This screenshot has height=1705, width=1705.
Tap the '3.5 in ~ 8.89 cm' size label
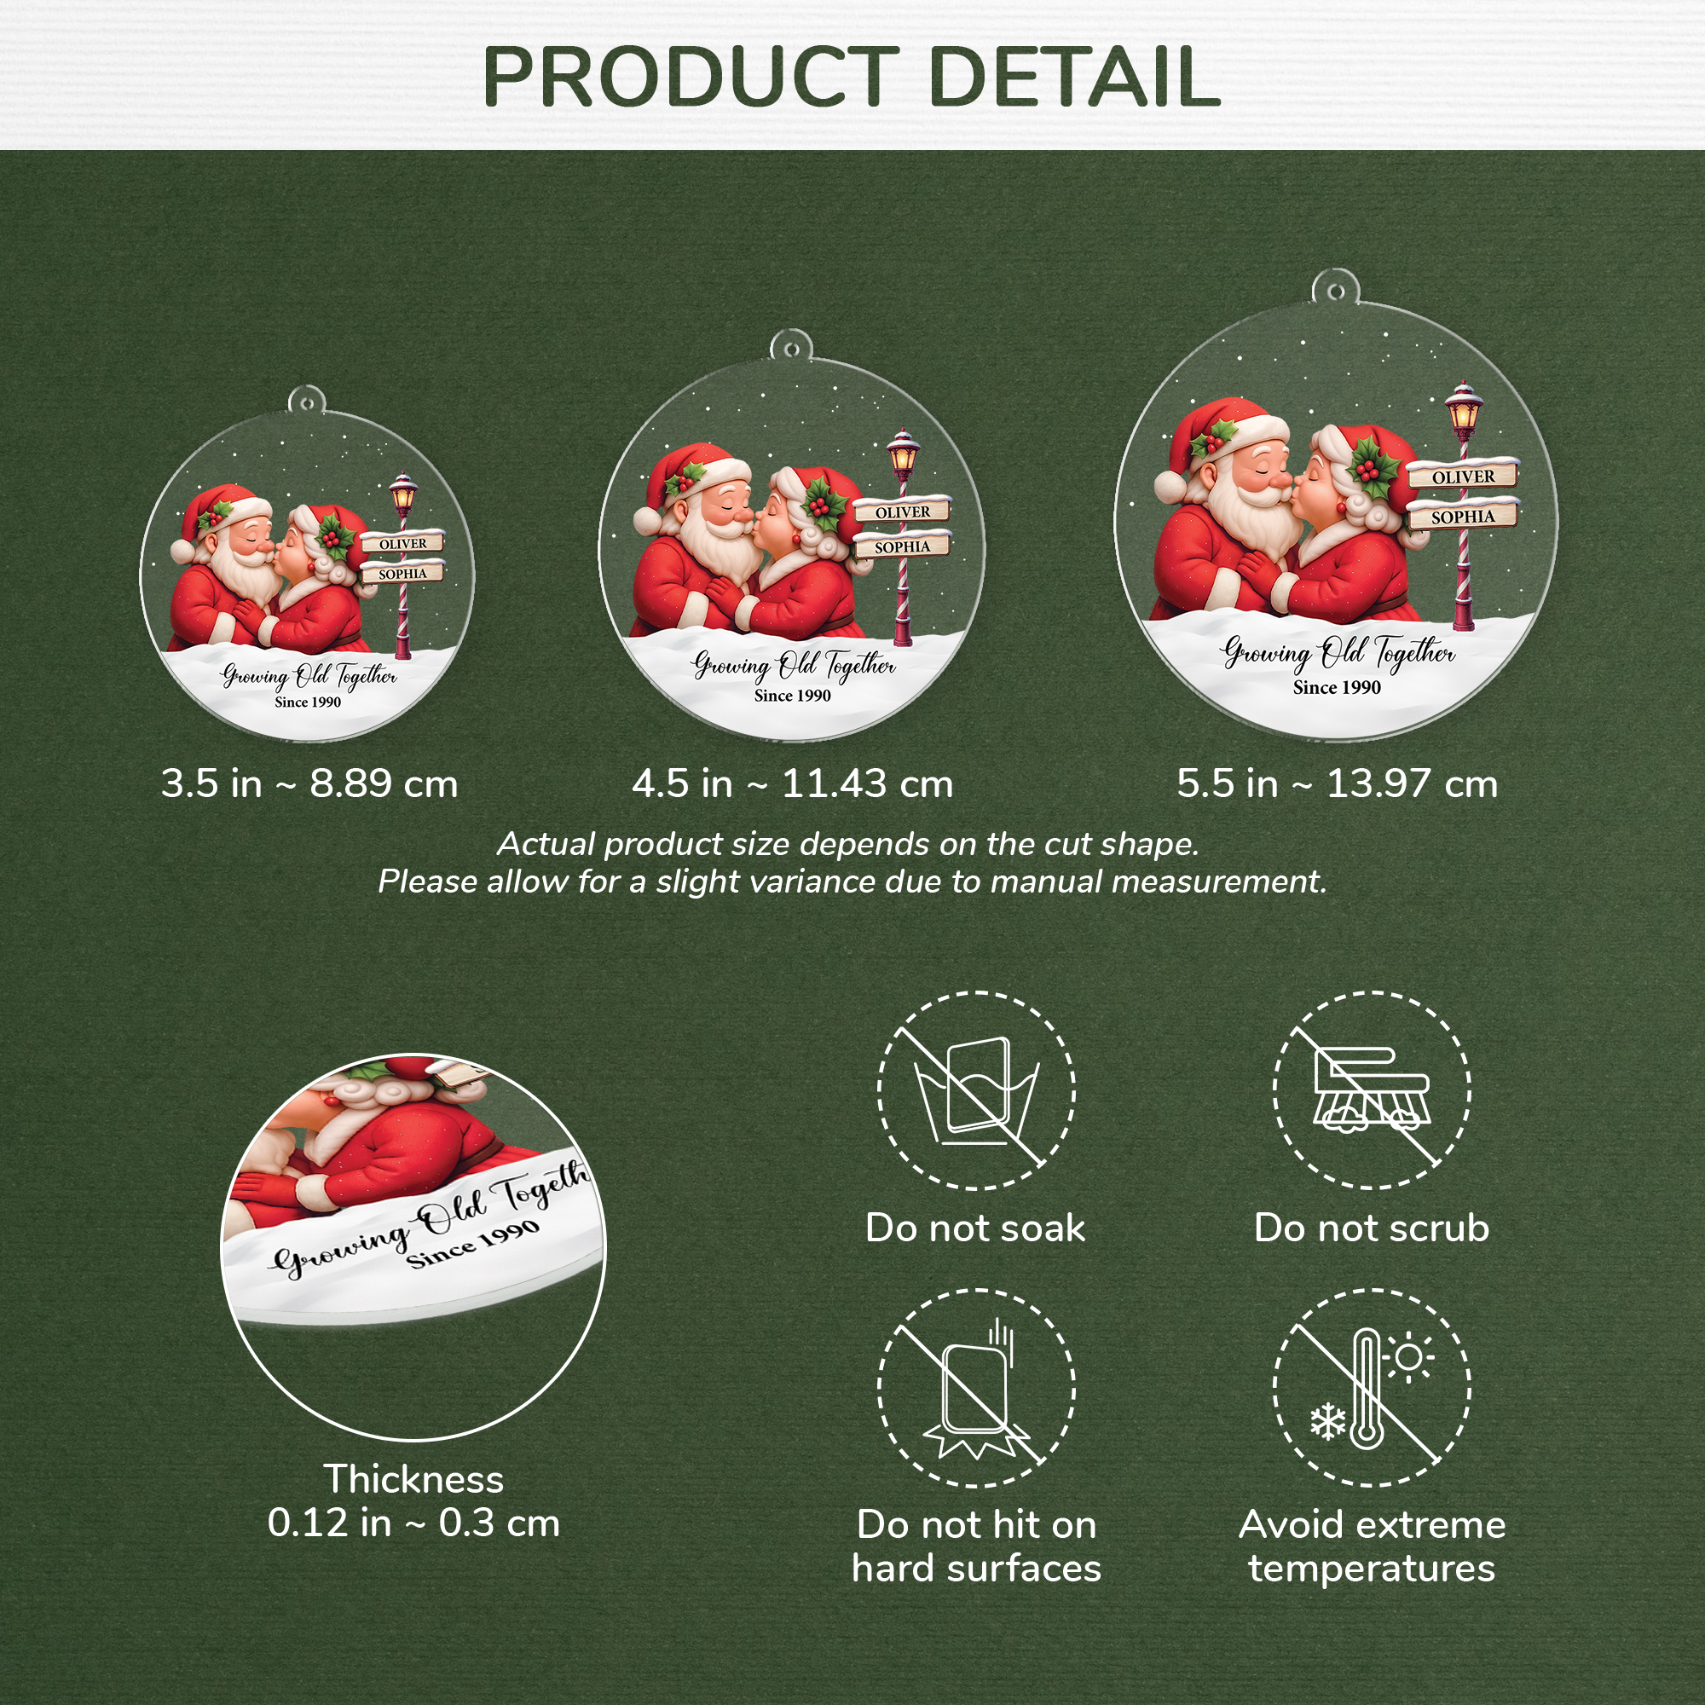click(309, 783)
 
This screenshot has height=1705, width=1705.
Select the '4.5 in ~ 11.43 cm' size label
click(793, 783)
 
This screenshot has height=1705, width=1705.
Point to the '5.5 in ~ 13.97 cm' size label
click(1337, 783)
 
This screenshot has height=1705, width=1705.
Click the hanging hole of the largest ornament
click(1336, 291)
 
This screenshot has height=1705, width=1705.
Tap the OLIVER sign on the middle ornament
click(902, 511)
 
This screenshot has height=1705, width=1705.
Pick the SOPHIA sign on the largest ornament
click(1462, 517)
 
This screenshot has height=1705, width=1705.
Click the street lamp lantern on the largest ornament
click(1463, 407)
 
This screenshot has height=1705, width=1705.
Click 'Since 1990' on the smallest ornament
click(307, 702)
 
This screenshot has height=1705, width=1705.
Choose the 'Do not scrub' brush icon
click(1371, 1091)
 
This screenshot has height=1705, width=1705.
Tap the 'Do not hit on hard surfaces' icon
click(976, 1387)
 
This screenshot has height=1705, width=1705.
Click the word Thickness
click(414, 1479)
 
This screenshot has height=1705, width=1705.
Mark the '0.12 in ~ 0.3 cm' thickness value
click(414, 1523)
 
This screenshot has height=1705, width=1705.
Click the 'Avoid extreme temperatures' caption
click(1372, 1546)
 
